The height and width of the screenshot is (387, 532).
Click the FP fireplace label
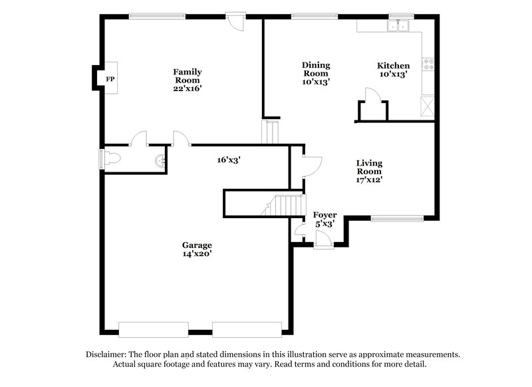110,78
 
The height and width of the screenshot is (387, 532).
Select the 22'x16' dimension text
188,88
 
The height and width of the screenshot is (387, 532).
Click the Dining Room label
316,68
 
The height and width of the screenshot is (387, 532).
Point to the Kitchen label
393,66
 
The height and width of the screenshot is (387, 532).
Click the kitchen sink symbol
401,27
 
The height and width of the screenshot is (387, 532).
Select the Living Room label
369,167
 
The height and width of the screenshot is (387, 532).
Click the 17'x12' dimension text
369,179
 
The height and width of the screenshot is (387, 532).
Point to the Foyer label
325,215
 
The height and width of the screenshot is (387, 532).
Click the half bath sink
159,160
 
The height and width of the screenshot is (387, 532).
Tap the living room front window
397,217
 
